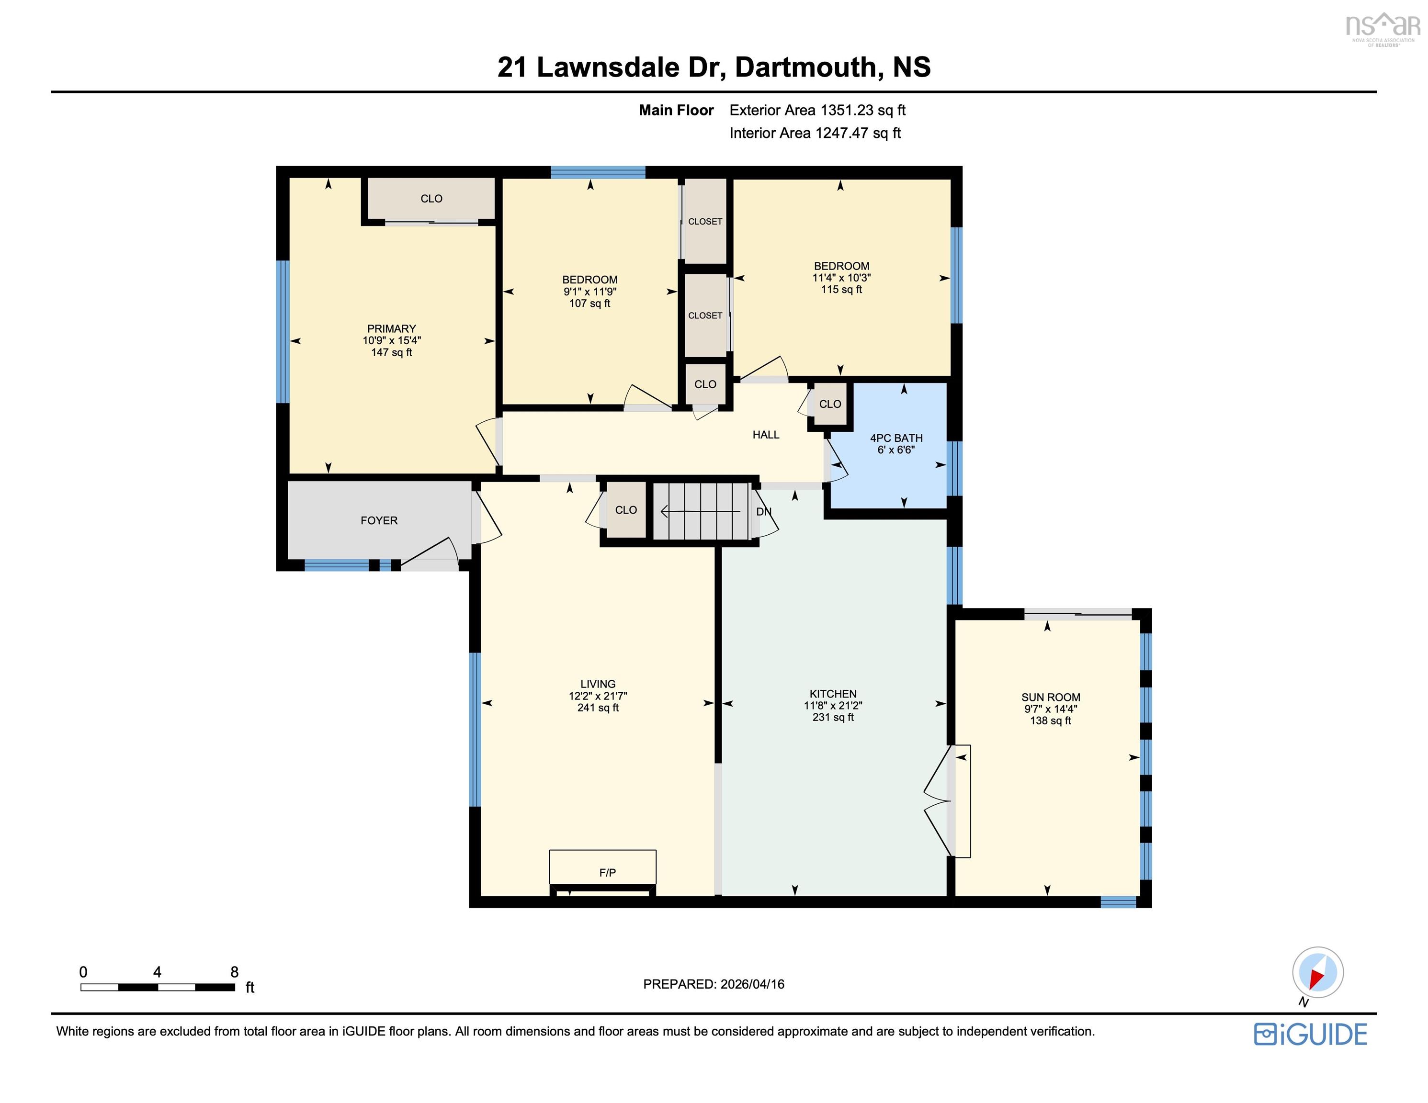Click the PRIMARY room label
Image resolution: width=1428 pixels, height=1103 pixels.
click(x=391, y=329)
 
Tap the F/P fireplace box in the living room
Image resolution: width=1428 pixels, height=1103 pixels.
click(x=602, y=867)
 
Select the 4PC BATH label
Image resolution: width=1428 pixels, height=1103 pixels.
click(x=896, y=438)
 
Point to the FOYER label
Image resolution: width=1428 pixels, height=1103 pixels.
click(x=379, y=520)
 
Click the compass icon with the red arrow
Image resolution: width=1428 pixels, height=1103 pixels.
click(x=1317, y=972)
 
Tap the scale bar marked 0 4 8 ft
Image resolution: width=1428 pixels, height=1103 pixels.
click(x=157, y=987)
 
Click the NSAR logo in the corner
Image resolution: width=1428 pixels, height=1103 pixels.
click(x=1382, y=27)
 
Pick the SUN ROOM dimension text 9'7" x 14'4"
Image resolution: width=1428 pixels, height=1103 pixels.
click(x=1050, y=709)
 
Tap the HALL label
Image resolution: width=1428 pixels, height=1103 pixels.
click(x=766, y=435)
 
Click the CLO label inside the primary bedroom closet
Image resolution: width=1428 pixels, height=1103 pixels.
click(x=431, y=199)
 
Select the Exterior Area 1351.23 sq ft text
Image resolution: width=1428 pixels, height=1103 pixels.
click(x=817, y=111)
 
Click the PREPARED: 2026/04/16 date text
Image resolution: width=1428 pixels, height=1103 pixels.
click(x=714, y=984)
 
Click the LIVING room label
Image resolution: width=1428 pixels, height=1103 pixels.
click(x=598, y=684)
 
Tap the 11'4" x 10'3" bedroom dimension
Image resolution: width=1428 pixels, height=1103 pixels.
click(x=841, y=278)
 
